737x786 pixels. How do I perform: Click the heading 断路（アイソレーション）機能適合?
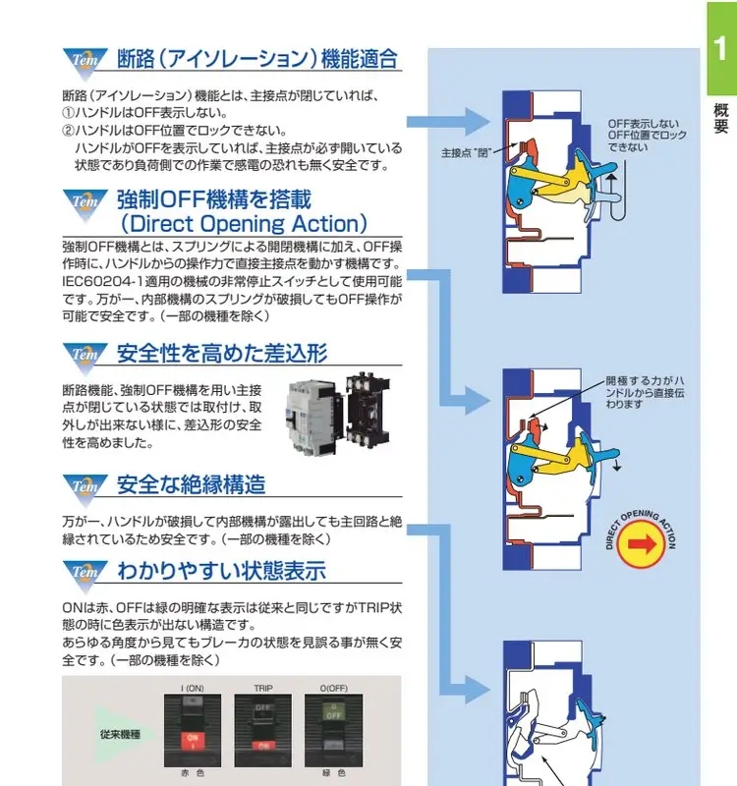click(x=257, y=59)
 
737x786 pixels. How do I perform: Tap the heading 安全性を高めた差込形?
click(x=222, y=353)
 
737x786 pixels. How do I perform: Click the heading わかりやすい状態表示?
click(x=221, y=571)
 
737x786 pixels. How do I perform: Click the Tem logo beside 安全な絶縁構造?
click(x=84, y=486)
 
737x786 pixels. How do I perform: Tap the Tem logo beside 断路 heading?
click(x=84, y=59)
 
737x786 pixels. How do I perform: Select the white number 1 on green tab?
click(x=720, y=46)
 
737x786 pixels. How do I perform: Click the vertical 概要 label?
click(x=720, y=118)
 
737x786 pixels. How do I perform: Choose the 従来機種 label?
click(x=119, y=734)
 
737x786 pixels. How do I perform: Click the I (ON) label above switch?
click(x=193, y=688)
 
